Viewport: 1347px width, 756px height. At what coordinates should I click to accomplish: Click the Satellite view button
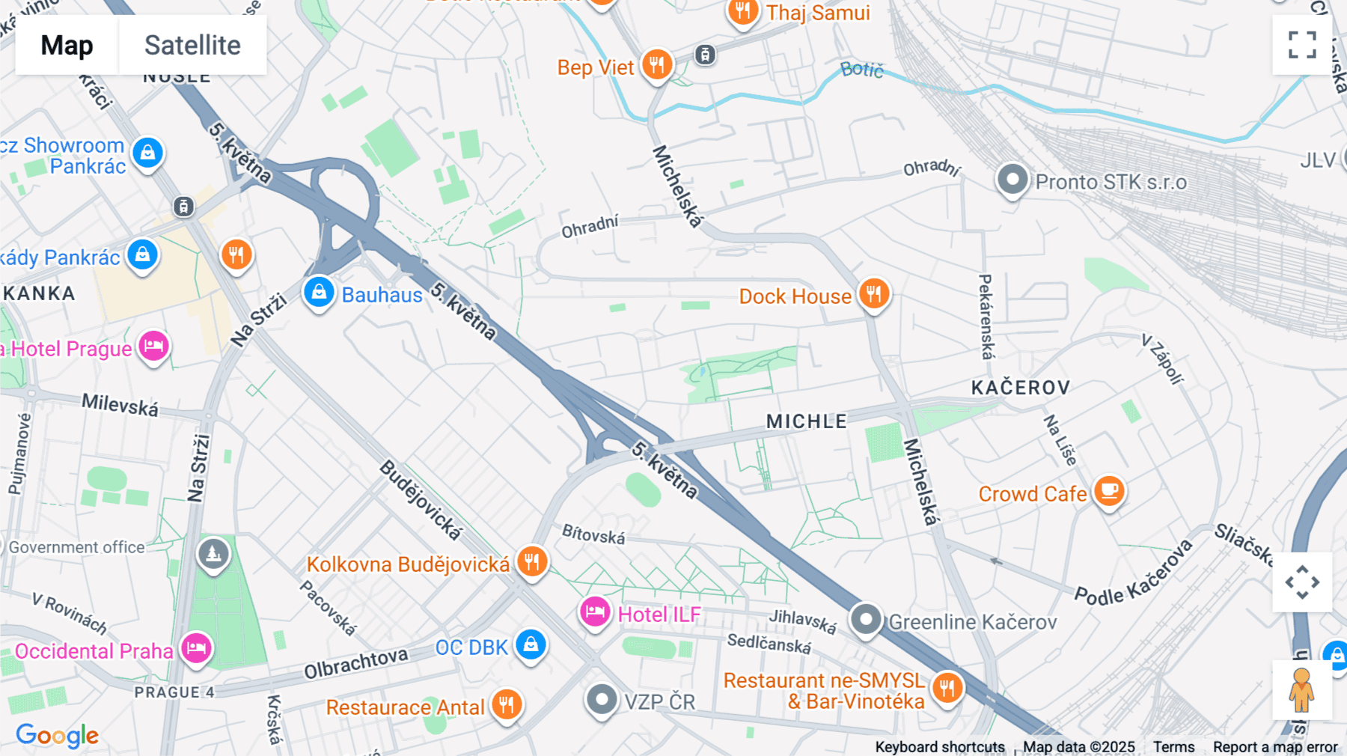192,45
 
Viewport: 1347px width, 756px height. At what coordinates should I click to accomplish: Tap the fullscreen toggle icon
1302,45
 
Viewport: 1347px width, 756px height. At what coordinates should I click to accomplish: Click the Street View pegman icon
1301,689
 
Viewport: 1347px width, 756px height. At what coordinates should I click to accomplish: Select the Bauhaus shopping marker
319,292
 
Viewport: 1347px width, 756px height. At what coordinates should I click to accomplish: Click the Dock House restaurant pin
873,293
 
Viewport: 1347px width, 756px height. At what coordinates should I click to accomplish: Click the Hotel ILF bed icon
595,612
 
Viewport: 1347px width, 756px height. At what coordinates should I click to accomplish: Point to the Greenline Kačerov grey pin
866,620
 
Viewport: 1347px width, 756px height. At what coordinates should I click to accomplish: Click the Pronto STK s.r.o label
1111,182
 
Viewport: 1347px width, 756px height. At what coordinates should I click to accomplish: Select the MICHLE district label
807,421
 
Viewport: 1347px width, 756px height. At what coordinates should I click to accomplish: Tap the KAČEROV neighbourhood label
1021,388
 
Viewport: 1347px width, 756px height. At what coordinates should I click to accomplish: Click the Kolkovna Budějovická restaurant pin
532,561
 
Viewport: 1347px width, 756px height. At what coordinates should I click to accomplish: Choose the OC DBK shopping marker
531,644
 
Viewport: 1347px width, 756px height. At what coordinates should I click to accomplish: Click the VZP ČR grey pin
602,700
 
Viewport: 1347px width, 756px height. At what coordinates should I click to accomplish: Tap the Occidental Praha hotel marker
197,647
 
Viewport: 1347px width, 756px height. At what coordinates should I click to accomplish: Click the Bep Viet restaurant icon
656,65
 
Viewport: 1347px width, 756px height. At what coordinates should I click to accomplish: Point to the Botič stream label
862,70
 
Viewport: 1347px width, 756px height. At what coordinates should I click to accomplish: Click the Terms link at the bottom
1173,746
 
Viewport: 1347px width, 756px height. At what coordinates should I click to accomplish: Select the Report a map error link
1275,746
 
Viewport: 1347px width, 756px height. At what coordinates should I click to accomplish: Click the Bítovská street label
593,534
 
